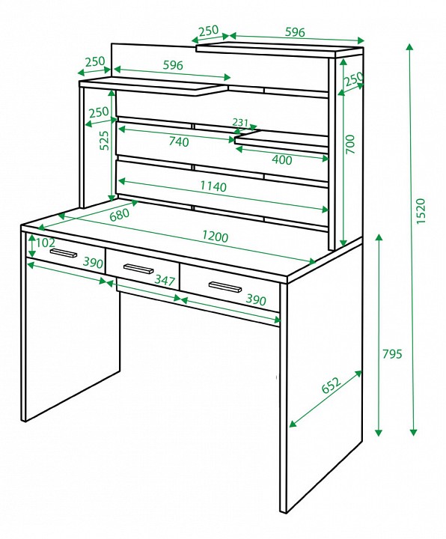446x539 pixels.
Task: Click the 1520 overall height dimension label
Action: click(x=421, y=210)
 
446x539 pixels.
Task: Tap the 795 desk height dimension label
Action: click(x=391, y=353)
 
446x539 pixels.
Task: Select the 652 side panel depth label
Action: click(x=332, y=385)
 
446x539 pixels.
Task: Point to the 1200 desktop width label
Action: click(x=215, y=236)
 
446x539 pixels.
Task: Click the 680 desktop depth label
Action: click(x=120, y=215)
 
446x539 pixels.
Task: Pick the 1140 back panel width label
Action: click(x=213, y=186)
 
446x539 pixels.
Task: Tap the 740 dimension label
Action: click(x=179, y=141)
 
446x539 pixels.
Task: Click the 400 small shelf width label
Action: click(x=282, y=160)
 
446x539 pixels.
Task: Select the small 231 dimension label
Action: click(x=240, y=122)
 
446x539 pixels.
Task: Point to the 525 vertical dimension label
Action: click(x=104, y=140)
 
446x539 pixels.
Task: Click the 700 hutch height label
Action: click(x=349, y=144)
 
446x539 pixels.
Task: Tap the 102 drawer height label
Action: click(x=46, y=243)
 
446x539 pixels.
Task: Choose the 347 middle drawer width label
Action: click(x=165, y=280)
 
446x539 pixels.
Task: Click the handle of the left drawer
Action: click(x=64, y=253)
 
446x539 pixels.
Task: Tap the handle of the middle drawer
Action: click(x=138, y=269)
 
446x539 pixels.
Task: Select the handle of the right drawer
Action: click(x=225, y=287)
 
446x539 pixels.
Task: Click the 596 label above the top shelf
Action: click(x=295, y=32)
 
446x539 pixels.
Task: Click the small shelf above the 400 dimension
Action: click(x=282, y=141)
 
